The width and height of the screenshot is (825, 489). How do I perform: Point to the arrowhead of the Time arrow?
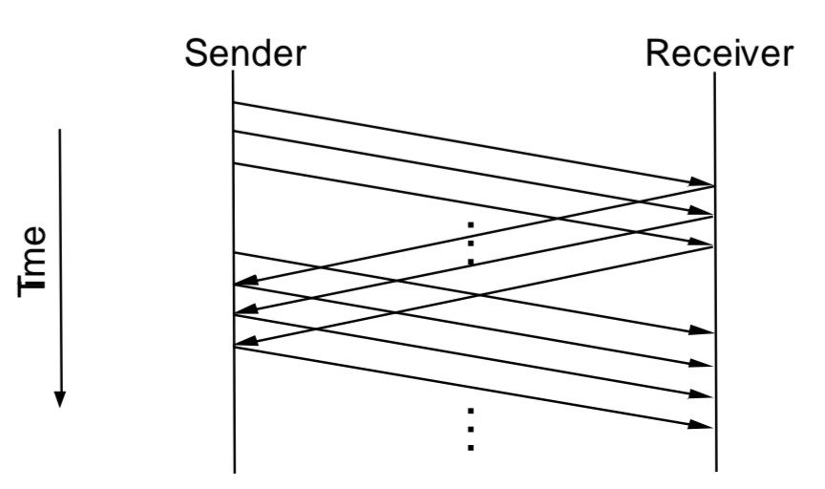tap(59, 398)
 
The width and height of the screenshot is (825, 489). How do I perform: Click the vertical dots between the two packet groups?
tap(471, 243)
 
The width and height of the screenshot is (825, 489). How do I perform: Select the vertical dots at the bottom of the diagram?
tap(471, 429)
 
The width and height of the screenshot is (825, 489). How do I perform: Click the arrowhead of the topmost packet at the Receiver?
tap(705, 181)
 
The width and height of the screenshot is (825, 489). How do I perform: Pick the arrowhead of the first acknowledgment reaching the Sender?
tap(243, 284)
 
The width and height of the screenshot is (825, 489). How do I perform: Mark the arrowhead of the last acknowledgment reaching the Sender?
tap(243, 344)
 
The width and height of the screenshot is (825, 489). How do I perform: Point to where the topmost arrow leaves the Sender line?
tap(234, 102)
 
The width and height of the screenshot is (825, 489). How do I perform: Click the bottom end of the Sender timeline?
tap(234, 470)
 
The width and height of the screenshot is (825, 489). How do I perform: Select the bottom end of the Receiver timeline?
tap(715, 470)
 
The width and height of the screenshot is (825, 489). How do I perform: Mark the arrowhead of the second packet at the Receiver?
tap(705, 212)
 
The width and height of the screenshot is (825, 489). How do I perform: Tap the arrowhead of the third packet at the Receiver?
tap(705, 244)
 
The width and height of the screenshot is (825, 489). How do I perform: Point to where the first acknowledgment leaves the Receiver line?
tap(715, 186)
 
